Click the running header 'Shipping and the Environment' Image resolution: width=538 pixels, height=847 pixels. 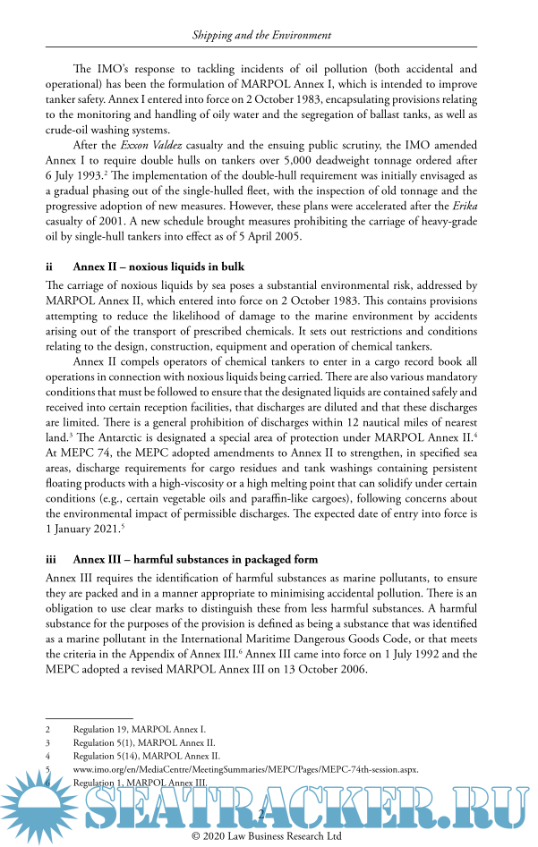(262, 36)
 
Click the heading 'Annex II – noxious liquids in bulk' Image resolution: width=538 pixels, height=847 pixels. (158, 267)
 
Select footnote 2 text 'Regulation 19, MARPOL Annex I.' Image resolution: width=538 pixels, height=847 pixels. (139, 730)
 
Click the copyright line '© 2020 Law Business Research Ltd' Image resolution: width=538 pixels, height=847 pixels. (268, 836)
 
